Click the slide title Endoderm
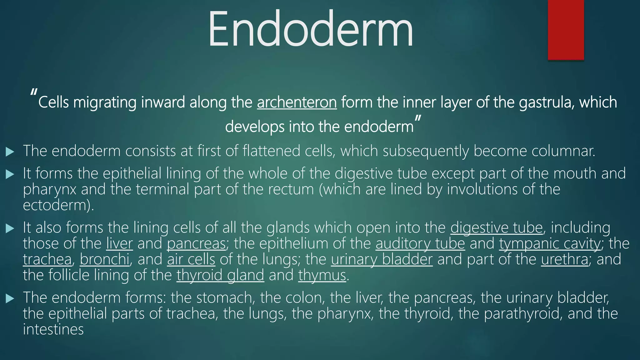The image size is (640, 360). [x=310, y=30]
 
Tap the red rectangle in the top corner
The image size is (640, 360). [x=566, y=30]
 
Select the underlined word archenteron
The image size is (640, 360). [x=297, y=102]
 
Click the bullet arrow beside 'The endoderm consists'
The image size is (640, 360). [x=10, y=152]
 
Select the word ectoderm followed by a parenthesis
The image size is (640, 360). [x=56, y=205]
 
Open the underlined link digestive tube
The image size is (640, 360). [x=497, y=228]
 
